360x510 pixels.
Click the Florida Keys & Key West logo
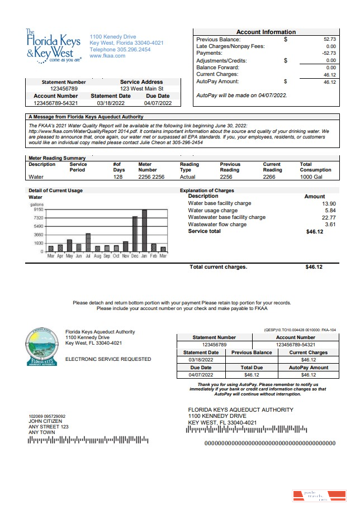point(54,46)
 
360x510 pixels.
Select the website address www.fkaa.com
point(107,56)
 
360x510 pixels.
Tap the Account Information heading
point(266,32)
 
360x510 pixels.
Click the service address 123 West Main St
point(142,88)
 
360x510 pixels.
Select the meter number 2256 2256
point(151,177)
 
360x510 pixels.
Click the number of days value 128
point(117,177)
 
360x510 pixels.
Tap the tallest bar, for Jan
point(144,231)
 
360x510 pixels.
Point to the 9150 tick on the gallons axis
point(39,209)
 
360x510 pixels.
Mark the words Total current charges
point(218,267)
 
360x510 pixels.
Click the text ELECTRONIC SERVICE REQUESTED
point(108,359)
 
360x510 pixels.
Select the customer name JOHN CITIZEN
point(44,421)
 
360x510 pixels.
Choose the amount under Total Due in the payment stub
point(252,374)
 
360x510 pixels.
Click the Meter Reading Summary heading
point(57,158)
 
